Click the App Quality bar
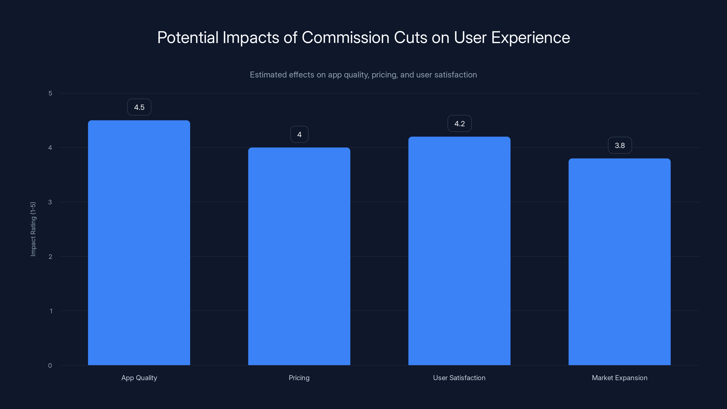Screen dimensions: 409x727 (139, 243)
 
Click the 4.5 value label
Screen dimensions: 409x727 (139, 107)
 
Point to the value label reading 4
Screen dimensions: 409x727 (299, 135)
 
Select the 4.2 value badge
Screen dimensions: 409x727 (459, 124)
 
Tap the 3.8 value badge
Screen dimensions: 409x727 (620, 146)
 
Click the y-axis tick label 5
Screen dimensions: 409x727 (50, 93)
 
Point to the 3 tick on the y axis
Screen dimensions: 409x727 (50, 202)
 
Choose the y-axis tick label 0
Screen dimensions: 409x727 (50, 366)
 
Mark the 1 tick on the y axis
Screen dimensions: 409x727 (51, 311)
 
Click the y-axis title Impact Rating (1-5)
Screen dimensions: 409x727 (33, 229)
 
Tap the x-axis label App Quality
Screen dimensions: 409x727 (139, 378)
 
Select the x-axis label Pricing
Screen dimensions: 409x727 (299, 378)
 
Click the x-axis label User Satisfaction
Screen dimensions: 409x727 (459, 378)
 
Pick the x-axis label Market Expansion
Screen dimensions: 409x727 (620, 378)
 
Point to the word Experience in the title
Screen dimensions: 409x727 (530, 37)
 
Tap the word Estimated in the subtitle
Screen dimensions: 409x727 (268, 75)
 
